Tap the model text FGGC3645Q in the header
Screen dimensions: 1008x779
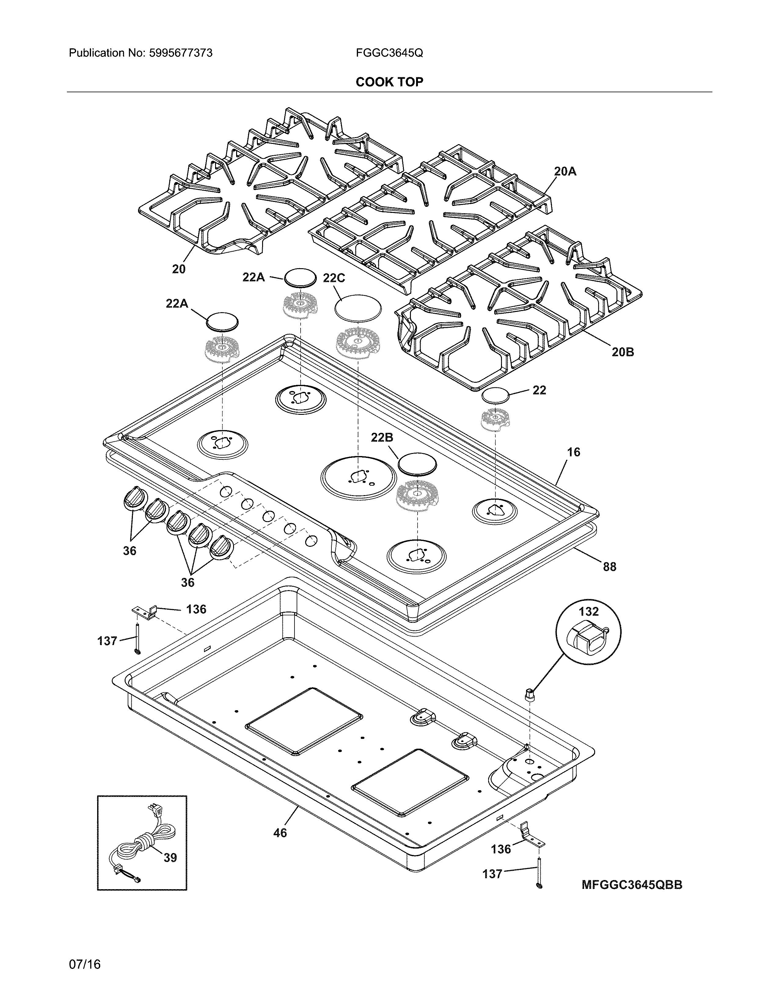(389, 53)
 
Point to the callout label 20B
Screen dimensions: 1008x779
(623, 352)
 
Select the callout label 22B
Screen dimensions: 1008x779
(382, 437)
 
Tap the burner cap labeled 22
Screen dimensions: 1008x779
(495, 396)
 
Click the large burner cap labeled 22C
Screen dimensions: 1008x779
(359, 306)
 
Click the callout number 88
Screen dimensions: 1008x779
(609, 567)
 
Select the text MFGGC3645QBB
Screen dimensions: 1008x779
(631, 885)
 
